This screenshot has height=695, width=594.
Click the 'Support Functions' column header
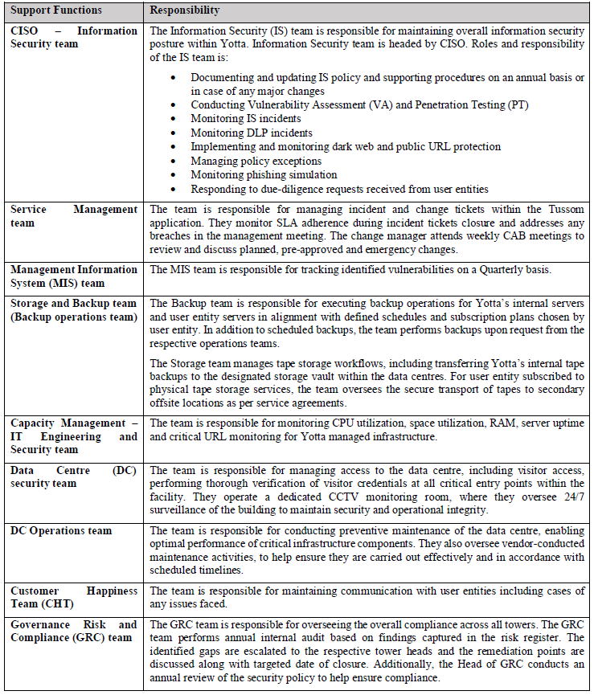coord(56,10)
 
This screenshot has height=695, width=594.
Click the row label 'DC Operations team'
coord(61,531)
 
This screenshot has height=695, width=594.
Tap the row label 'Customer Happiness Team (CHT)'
coord(73,597)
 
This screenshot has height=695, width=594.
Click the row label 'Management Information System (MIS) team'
coord(73,276)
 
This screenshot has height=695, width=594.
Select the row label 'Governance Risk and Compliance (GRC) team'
coord(73,631)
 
